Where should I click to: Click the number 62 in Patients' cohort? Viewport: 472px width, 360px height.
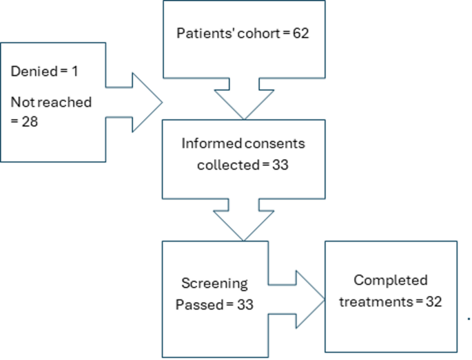298,34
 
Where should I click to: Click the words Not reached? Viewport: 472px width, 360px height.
51,102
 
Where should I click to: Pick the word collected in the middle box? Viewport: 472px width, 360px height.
223,166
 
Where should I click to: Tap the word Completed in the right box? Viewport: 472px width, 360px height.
390,280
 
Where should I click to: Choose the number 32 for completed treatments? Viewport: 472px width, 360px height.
432,301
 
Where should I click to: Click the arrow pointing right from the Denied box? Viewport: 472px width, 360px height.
138,103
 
